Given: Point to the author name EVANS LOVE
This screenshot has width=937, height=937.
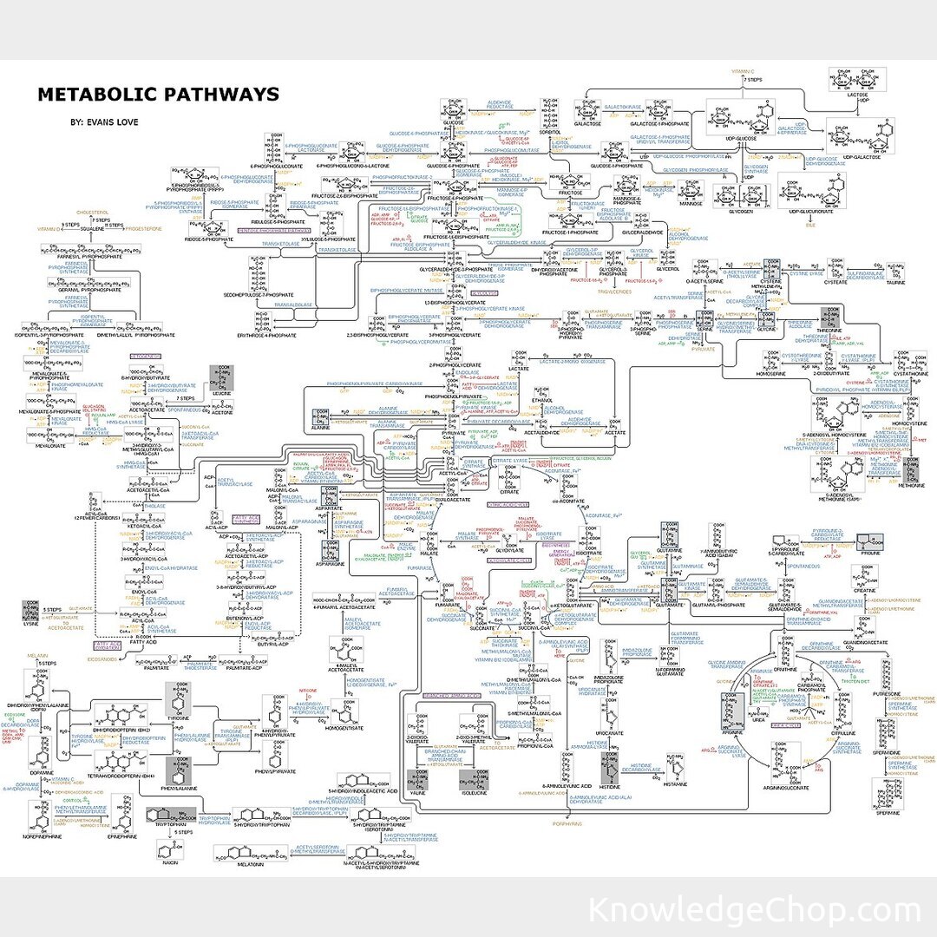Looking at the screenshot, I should pyautogui.click(x=104, y=122).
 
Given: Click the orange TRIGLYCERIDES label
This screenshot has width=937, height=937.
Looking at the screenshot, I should pyautogui.click(x=613, y=292).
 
